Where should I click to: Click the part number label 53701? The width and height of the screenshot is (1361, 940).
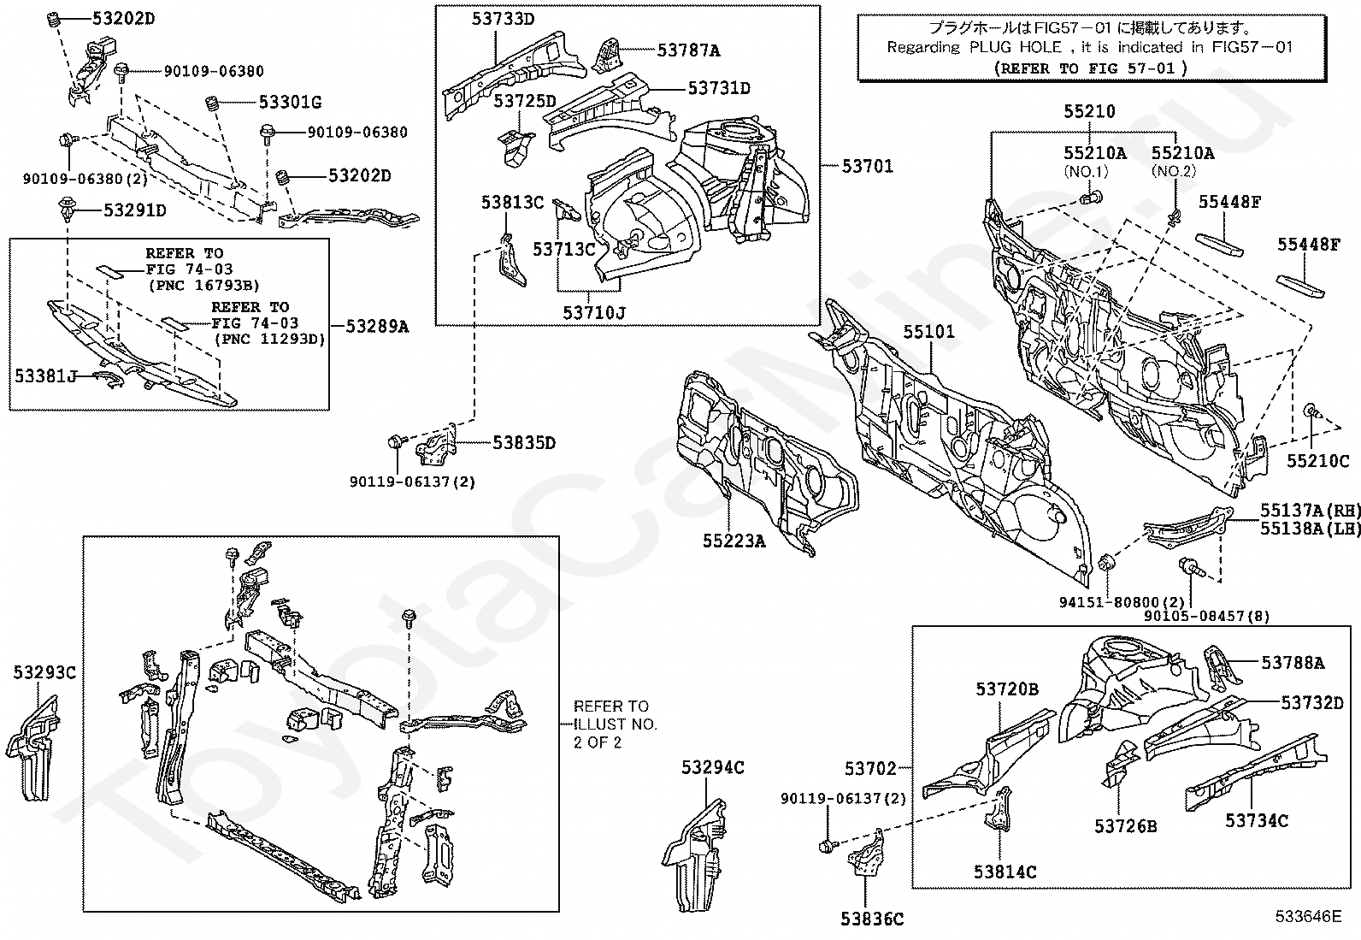pos(867,166)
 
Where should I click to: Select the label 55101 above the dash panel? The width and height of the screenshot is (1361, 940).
pos(928,332)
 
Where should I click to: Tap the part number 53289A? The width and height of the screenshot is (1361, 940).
pos(377,327)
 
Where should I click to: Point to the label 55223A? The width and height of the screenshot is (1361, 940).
pos(734,541)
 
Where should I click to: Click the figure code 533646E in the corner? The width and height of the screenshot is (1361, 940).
pos(1308,916)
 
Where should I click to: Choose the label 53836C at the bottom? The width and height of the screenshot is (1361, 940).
pos(872,919)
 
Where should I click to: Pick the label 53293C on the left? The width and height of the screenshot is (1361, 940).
pos(45,672)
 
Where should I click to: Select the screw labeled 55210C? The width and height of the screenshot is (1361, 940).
pos(1311,412)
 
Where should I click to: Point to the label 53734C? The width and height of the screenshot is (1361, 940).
pos(1257,821)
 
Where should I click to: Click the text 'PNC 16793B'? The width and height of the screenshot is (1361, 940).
pos(205,285)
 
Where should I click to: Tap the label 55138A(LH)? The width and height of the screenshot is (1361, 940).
pos(1310,529)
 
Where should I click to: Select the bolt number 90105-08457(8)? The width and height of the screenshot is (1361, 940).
pos(1206,616)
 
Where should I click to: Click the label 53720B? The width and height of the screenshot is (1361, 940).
pos(1007,689)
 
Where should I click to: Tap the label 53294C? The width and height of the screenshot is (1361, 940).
pos(713,767)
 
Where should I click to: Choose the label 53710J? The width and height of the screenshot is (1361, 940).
pos(593,312)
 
